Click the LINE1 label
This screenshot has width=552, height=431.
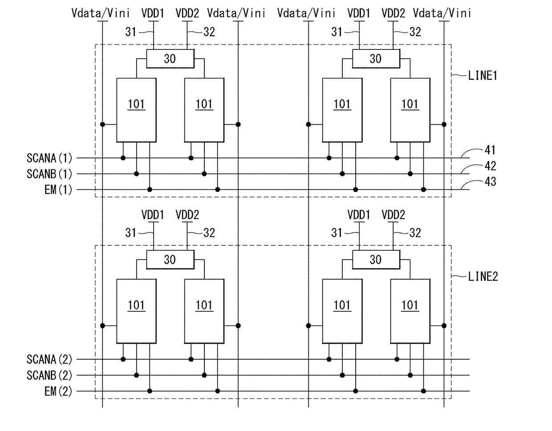483,76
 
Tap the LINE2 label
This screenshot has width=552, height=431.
483,276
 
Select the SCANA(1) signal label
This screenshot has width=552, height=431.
49,158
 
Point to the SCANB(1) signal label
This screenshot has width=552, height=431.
49,174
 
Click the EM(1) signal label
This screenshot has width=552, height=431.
58,190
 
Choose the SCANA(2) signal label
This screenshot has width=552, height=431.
49,359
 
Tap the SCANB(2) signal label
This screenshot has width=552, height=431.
49,375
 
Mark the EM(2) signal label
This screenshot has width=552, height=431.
58,391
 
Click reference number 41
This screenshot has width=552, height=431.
490,150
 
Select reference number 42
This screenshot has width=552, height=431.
490,166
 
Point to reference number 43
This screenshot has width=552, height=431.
490,182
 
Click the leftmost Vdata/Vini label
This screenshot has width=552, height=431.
101,13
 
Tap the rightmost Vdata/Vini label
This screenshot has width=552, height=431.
442,13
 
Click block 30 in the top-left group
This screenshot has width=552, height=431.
170,59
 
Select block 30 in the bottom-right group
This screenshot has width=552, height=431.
376,260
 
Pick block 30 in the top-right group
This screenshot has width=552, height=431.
376,59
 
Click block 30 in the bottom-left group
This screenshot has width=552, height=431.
170,260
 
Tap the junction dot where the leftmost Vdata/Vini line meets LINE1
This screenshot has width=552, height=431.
102,125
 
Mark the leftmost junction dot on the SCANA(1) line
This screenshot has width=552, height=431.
123,158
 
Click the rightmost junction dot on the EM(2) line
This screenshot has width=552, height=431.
423,391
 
